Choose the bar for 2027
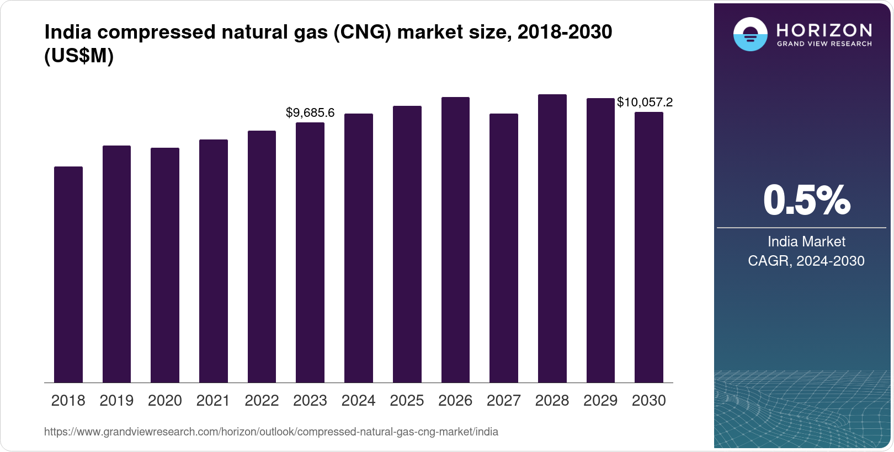point(504,248)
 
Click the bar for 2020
point(165,265)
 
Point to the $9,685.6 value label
point(310,113)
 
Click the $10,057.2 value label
point(645,102)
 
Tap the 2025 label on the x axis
point(407,401)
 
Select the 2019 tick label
point(116,401)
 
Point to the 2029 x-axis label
point(600,401)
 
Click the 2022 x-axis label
point(262,401)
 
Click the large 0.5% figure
point(806,200)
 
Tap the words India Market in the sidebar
point(806,241)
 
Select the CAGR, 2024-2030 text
point(806,261)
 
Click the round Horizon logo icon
point(750,34)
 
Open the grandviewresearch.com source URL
point(271,432)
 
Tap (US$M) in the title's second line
point(79,56)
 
